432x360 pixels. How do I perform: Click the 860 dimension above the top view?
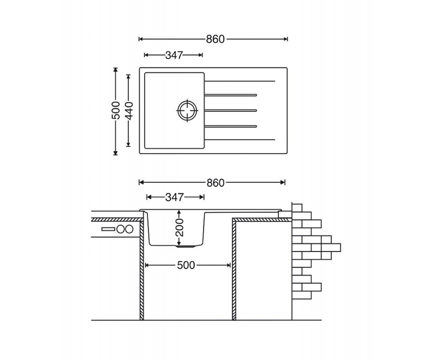coord(215,39)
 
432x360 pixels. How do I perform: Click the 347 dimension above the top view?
coord(174,55)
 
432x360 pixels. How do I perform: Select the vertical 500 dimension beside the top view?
coord(116,111)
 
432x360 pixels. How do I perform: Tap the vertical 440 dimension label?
coord(129,111)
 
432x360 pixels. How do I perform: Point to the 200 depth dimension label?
coord(179,228)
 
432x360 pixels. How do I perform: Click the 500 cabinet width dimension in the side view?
coord(186,265)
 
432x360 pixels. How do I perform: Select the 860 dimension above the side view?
coord(215,183)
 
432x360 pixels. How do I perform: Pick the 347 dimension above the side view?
coord(174,197)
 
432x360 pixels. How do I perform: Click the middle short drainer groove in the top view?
coord(231,111)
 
